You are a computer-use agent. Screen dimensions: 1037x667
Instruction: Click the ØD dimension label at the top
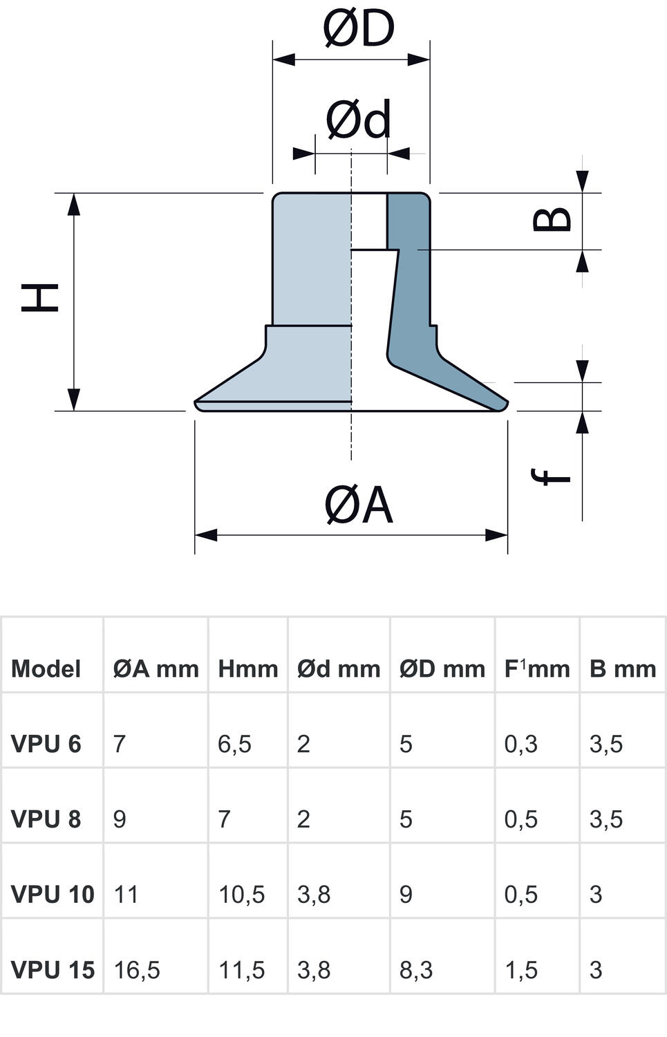tap(358, 29)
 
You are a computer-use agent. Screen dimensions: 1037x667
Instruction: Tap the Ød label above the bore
tap(358, 120)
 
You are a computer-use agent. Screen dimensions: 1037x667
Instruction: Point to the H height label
tap(40, 297)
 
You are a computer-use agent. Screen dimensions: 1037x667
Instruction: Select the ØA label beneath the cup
tap(358, 505)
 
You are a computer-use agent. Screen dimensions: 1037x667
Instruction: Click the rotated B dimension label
tap(553, 219)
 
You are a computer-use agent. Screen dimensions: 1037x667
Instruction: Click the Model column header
tap(46, 669)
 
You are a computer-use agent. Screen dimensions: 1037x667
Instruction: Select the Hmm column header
tap(247, 669)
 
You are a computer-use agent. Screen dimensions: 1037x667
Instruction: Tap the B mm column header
tap(622, 669)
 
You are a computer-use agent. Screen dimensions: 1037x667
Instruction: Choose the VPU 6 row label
tap(46, 744)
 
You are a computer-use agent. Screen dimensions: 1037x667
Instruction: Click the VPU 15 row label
tap(53, 970)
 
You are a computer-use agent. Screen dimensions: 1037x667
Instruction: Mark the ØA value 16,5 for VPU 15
tap(137, 970)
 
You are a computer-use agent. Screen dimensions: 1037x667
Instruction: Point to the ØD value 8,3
tap(415, 970)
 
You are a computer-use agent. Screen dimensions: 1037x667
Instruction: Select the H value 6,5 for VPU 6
tap(234, 744)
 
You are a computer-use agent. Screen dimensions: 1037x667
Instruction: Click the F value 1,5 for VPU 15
tap(520, 970)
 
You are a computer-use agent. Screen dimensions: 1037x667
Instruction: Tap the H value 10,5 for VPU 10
tap(241, 895)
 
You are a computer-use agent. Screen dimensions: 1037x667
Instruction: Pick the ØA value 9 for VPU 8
tap(120, 819)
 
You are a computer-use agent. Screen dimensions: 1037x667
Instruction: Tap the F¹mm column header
tap(536, 669)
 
